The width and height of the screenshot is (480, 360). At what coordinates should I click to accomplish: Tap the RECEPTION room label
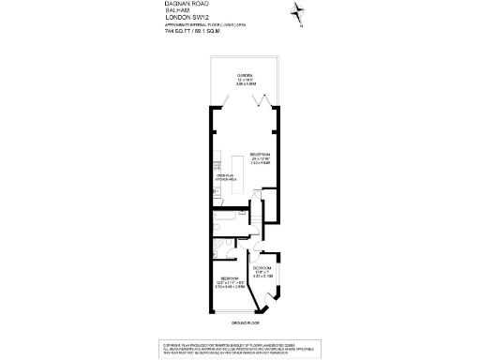(260, 156)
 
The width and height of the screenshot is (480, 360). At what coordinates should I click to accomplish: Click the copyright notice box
(243, 349)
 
